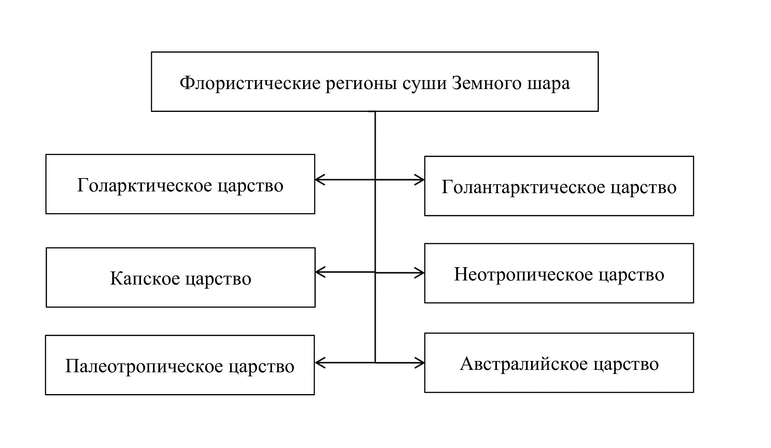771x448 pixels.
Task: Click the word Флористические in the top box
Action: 250,83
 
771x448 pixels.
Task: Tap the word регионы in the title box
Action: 361,83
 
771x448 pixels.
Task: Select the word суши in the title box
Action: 424,83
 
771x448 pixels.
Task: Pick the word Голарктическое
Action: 144,185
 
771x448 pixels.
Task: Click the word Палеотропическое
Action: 143,366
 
